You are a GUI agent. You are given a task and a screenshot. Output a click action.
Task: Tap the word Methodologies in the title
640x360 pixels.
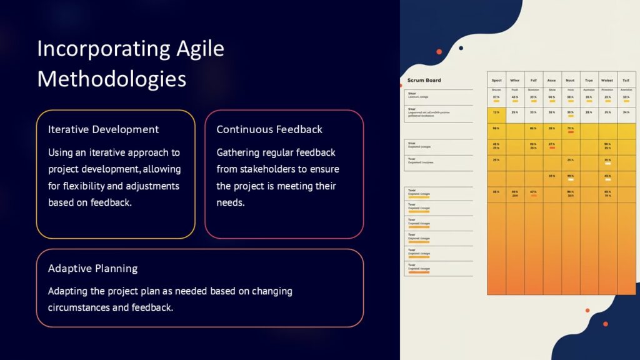point(112,79)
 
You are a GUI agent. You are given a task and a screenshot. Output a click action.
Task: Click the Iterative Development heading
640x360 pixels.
point(103,129)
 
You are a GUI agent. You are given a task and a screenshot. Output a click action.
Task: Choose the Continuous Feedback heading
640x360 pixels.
point(269,129)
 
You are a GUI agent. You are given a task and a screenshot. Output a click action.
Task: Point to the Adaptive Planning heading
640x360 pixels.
point(92,268)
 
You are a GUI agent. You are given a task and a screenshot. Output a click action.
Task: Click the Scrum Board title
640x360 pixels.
point(424,80)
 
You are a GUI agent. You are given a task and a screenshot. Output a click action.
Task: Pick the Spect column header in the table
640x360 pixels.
point(496,80)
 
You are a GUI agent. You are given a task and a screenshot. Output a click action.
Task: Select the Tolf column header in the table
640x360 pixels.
point(626,80)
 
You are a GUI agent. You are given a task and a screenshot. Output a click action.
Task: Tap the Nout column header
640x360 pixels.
point(570,80)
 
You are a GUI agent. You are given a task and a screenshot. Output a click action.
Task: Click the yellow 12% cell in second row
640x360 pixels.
point(496,113)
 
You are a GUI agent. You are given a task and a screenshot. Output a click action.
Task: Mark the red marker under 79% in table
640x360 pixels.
point(570,132)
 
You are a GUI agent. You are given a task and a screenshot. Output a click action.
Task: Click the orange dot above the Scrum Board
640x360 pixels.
point(439,51)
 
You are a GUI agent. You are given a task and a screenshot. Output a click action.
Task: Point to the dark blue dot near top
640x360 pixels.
point(461,48)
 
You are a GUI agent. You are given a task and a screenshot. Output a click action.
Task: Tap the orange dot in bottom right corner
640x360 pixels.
point(605,324)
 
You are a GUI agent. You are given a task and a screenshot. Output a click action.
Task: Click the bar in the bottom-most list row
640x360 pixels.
point(418,272)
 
